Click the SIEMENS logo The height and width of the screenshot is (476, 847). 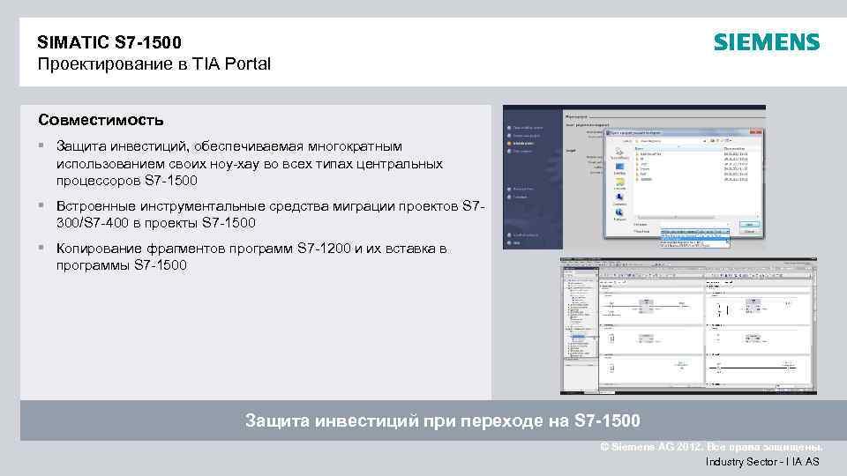[766, 42]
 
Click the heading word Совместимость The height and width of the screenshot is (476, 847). [101, 119]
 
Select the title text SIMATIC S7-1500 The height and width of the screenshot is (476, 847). [110, 41]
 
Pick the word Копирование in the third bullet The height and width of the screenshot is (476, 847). [96, 249]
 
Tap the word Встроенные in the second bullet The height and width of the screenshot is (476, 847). [94, 205]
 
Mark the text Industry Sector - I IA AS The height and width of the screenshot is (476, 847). [762, 461]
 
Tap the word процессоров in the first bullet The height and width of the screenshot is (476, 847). [97, 180]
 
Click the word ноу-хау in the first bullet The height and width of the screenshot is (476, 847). [235, 163]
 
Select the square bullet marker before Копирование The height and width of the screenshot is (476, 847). [42, 249]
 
